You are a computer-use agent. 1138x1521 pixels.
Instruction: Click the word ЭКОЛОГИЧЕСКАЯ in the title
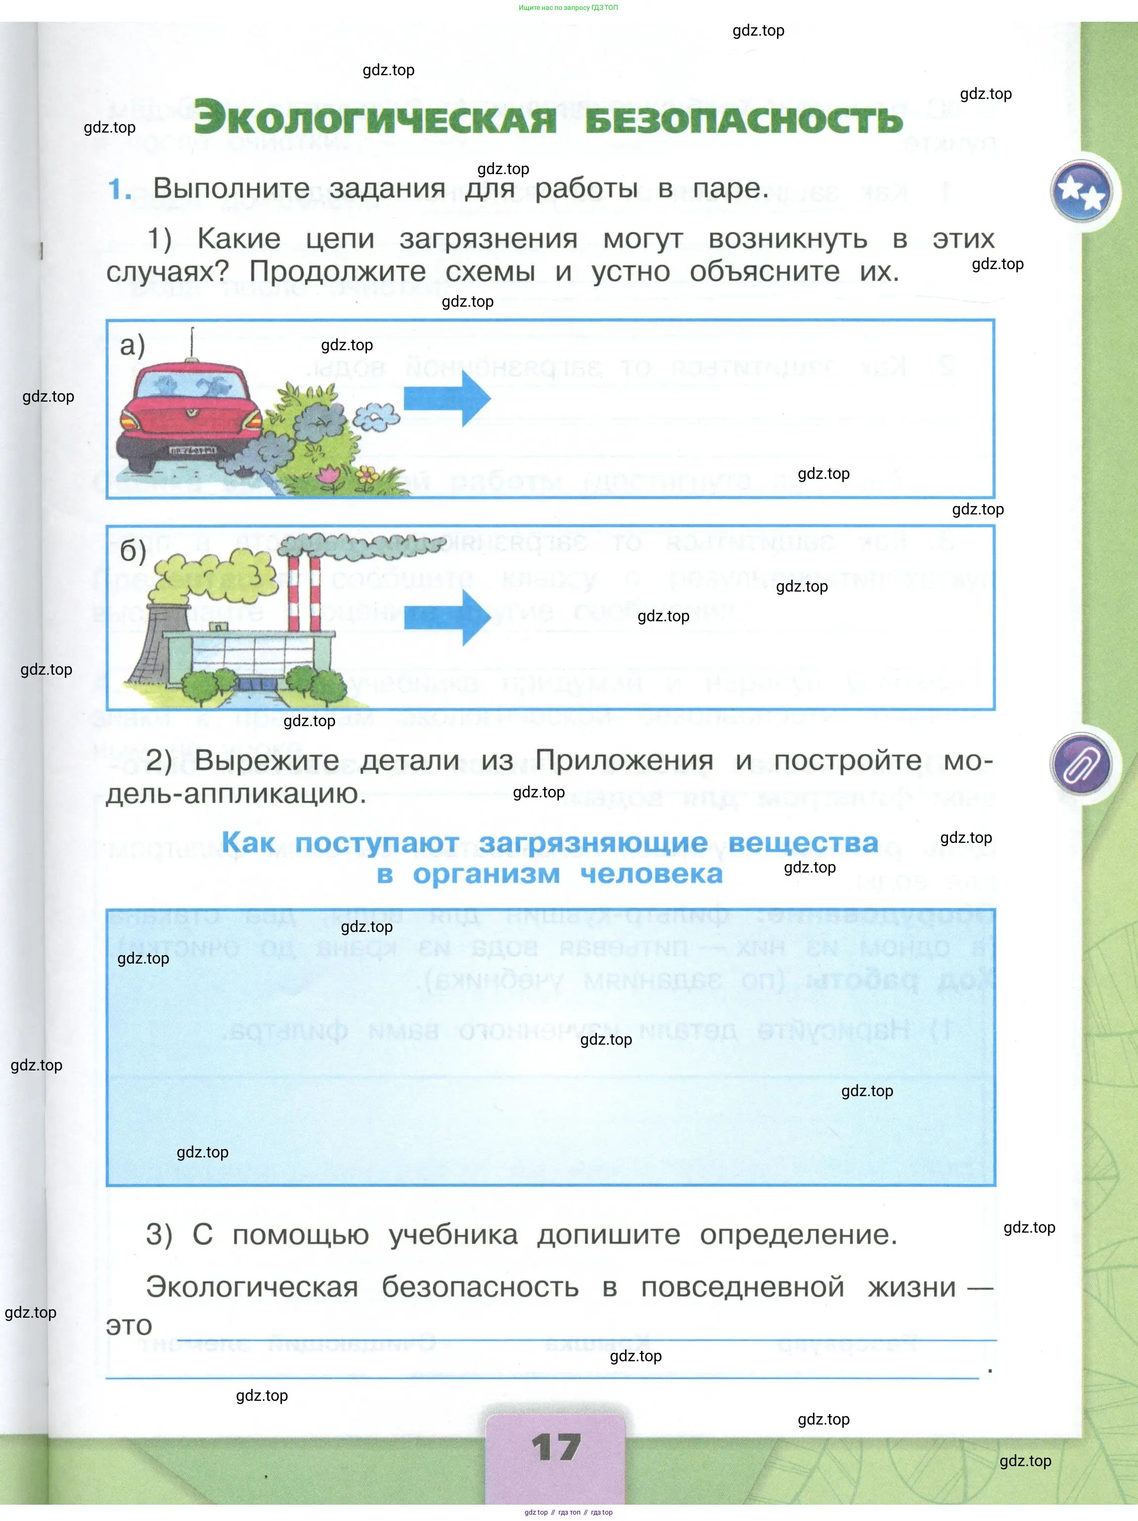click(375, 118)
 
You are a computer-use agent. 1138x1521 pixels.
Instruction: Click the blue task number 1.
click(119, 189)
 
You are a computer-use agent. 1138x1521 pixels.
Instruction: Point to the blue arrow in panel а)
click(447, 398)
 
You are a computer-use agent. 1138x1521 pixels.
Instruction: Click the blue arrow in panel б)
click(447, 617)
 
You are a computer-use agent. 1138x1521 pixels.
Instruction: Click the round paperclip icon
click(1082, 764)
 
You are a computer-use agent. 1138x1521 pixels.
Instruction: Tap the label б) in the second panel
click(133, 551)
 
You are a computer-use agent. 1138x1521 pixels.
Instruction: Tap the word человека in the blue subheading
click(651, 874)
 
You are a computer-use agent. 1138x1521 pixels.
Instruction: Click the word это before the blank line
click(129, 1325)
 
